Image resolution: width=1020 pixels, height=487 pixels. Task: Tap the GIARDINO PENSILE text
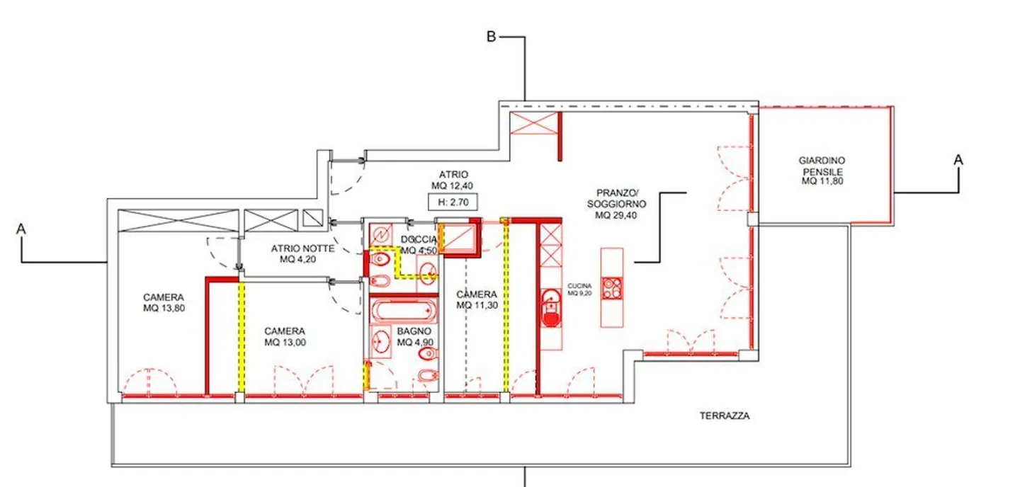(x=822, y=171)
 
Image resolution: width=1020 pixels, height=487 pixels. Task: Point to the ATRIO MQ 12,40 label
(x=454, y=180)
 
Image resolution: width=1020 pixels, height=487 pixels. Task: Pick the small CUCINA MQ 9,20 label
(x=579, y=290)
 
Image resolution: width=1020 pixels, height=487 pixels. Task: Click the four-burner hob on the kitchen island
(x=611, y=287)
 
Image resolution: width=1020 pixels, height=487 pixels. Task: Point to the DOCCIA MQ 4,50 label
(x=419, y=245)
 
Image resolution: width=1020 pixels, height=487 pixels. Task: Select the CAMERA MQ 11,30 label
(x=476, y=299)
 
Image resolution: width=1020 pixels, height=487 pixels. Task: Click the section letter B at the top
(x=490, y=37)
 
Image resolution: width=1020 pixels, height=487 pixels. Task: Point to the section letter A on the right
(x=958, y=161)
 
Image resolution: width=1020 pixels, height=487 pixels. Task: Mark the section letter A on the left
(x=23, y=229)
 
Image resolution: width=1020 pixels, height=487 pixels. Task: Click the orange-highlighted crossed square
(x=459, y=238)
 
